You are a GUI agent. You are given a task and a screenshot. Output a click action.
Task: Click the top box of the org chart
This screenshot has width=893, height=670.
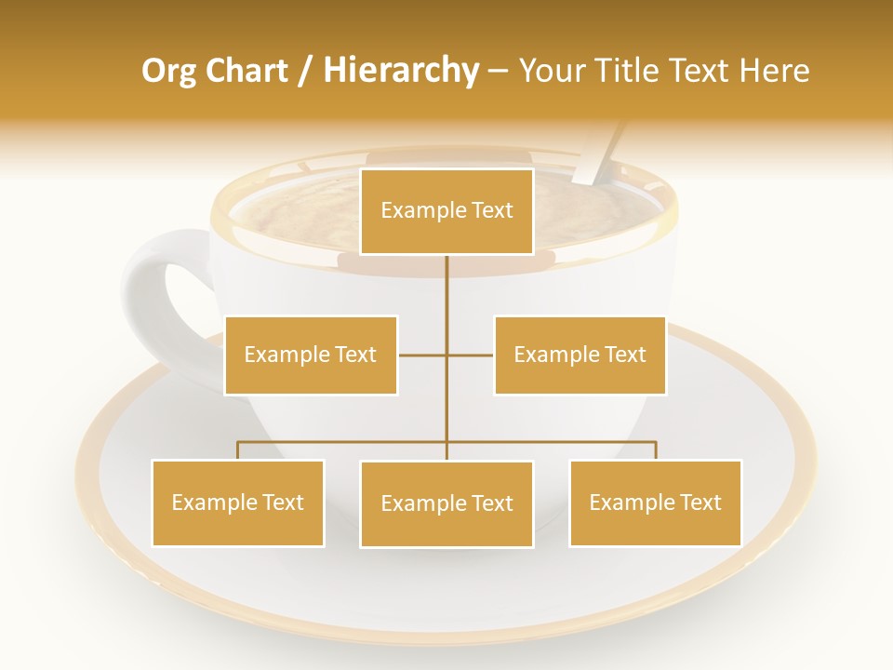(x=446, y=211)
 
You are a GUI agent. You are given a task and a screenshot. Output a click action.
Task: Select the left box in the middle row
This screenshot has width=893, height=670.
(x=311, y=355)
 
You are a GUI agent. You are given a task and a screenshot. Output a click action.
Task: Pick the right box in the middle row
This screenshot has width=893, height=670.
(x=580, y=355)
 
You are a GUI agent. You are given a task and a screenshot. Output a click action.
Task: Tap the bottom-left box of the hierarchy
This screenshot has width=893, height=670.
(x=237, y=502)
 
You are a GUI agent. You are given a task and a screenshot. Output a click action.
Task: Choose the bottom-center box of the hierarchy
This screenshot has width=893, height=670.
(x=446, y=503)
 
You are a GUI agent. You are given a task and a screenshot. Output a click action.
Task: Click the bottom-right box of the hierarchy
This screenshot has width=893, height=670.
(x=655, y=502)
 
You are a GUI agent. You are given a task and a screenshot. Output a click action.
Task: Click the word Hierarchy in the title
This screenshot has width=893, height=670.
(x=401, y=71)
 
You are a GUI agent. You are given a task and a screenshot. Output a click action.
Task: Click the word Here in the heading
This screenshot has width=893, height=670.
(x=773, y=71)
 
